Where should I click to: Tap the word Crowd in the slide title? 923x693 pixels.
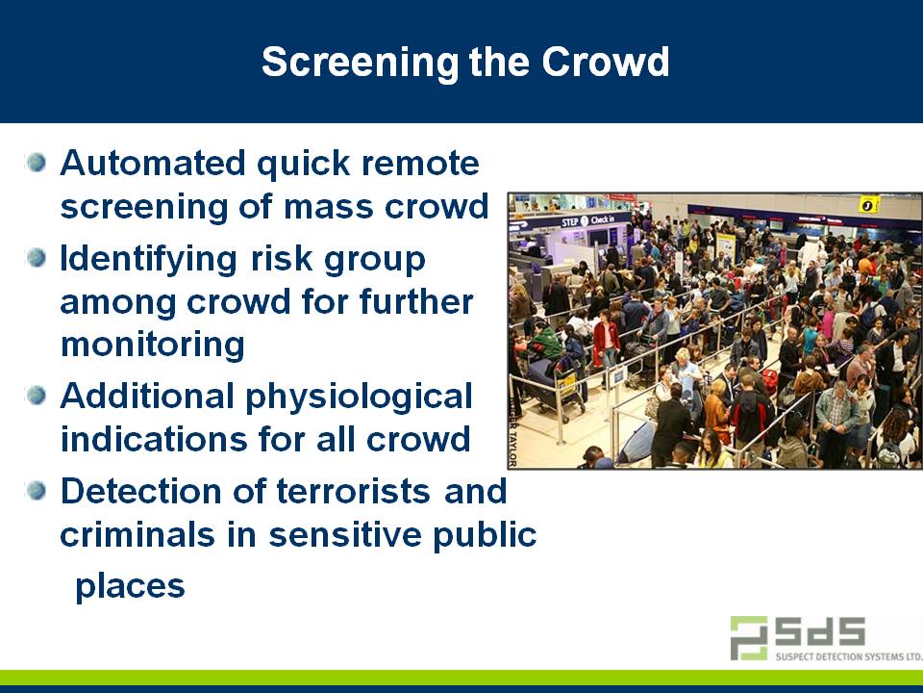point(605,63)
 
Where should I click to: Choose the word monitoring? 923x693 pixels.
point(152,344)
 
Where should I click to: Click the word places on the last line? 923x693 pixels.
point(130,585)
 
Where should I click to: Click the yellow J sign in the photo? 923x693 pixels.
point(869,205)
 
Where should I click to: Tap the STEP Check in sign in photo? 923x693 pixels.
point(588,220)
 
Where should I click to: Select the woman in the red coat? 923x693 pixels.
point(606,341)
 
